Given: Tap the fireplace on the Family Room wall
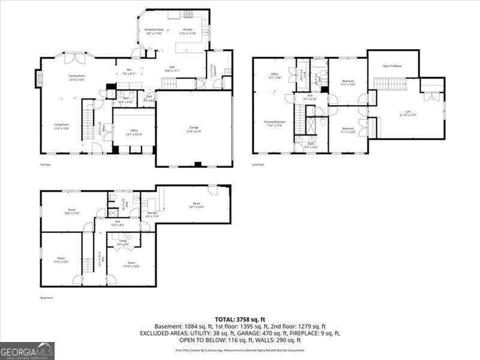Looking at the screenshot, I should tap(40, 79).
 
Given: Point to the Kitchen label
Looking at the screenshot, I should tap(188, 31).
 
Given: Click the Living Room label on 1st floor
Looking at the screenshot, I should tap(61, 126).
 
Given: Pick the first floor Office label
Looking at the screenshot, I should tap(134, 132).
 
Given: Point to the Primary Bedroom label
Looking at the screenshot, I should tap(275, 123).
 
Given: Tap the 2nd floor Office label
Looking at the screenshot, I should tap(274, 76).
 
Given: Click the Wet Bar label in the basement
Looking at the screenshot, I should tap(152, 214).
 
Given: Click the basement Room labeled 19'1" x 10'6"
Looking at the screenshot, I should tap(196, 205).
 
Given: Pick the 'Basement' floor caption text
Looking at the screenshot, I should tap(47, 298).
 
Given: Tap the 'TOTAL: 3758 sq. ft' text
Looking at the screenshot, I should tap(241, 319).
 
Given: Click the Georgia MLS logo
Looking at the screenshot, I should tap(27, 350).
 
